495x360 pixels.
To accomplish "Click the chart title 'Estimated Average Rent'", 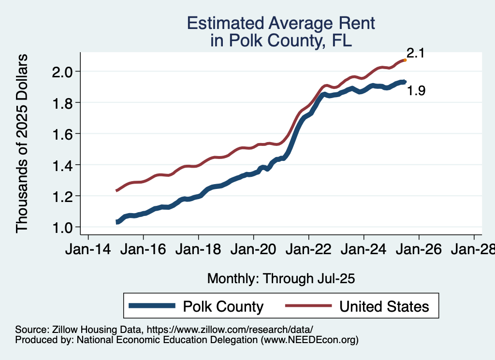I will pos(281,23).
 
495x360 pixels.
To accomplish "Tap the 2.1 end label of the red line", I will pos(415,53).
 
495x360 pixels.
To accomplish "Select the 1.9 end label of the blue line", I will pos(416,90).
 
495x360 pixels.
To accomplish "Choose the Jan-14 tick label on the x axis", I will pos(88,251).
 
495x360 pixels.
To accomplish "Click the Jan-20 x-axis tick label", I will pos(254,251).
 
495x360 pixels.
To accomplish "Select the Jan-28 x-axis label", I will pos(473,251).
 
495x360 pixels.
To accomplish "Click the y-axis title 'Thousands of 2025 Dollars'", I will pos(22,144).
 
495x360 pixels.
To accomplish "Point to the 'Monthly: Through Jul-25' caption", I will pos(281,279).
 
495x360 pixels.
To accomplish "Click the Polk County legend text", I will pos(223,306).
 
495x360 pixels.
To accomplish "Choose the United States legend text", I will pos(384,306).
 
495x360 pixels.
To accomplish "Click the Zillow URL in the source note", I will pos(230,330).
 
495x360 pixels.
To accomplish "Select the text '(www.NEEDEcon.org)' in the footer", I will pos(310,340).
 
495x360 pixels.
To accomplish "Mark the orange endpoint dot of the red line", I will pos(405,60).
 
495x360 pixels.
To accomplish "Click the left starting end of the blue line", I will pos(116,222).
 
